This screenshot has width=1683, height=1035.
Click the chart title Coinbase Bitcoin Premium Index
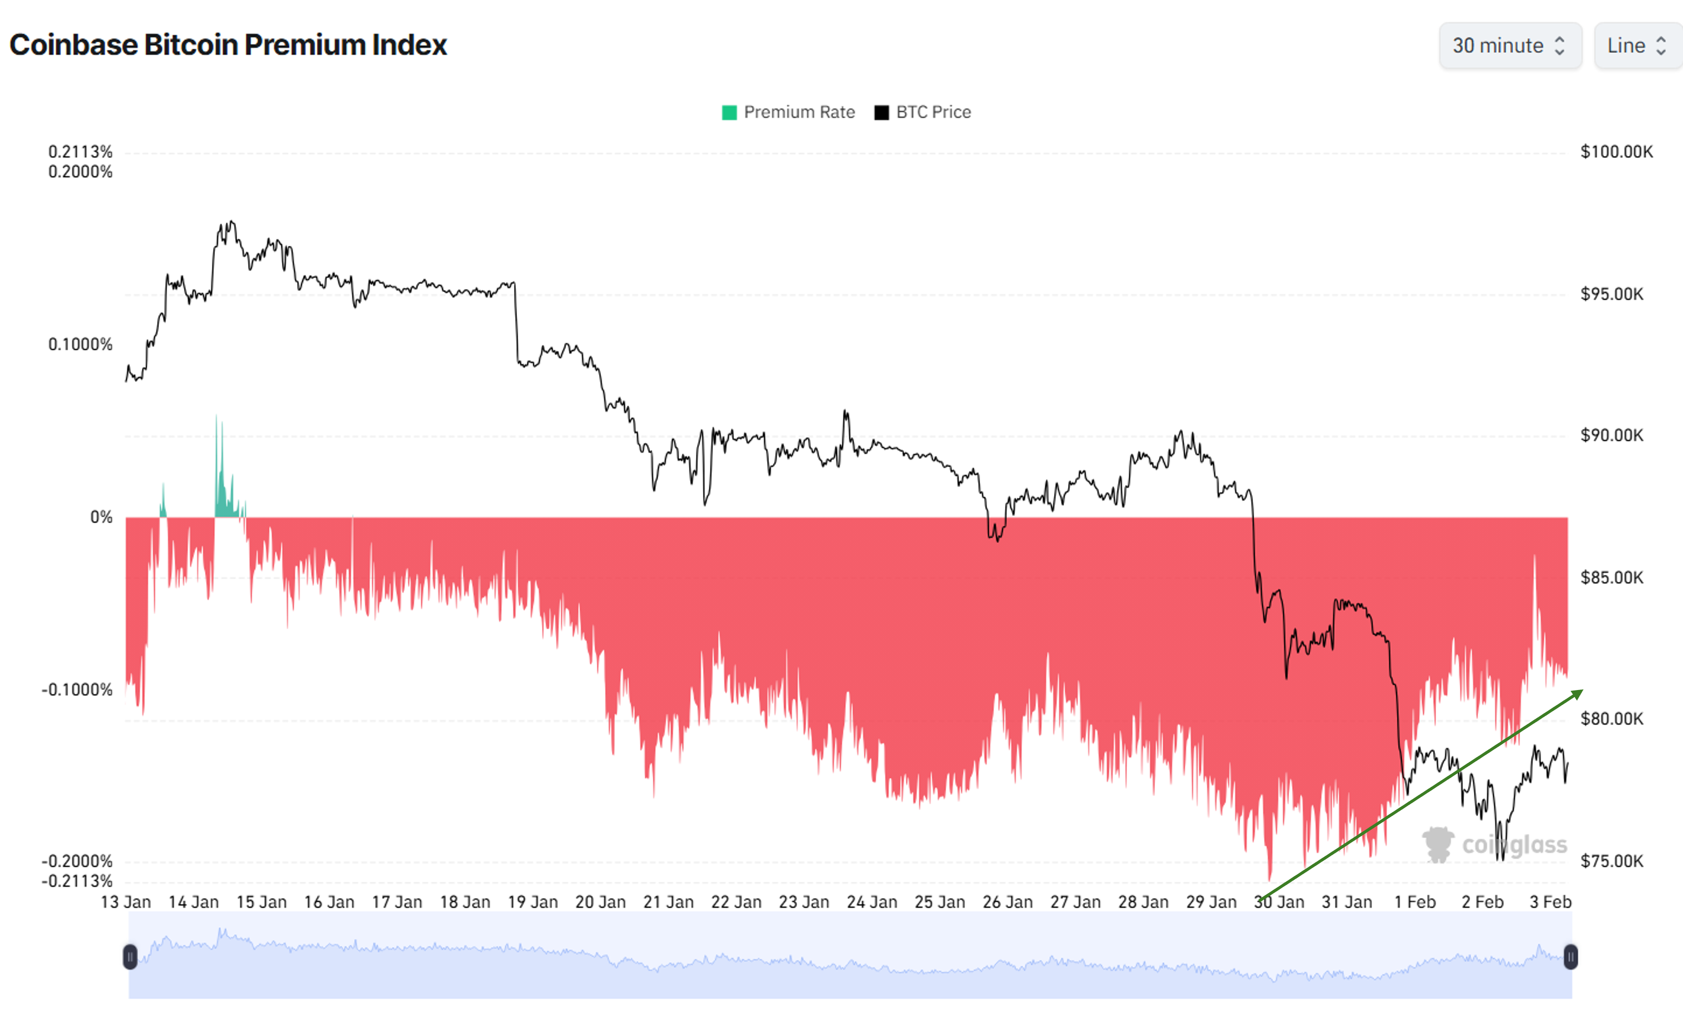228,45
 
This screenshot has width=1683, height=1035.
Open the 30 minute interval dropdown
1509,46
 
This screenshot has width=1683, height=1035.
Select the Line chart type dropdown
1636,46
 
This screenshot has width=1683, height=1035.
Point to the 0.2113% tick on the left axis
80,151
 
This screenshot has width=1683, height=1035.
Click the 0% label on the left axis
101,518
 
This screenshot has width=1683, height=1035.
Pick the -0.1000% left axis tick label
77,689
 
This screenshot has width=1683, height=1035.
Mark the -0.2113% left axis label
77,881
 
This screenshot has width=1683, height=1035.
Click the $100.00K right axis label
1616,151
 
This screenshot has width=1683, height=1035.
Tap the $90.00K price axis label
1611,435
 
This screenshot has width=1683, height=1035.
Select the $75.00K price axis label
1611,861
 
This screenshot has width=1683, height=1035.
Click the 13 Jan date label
126,902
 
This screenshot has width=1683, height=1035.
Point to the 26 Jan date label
1007,902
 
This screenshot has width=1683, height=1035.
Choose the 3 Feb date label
1550,902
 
